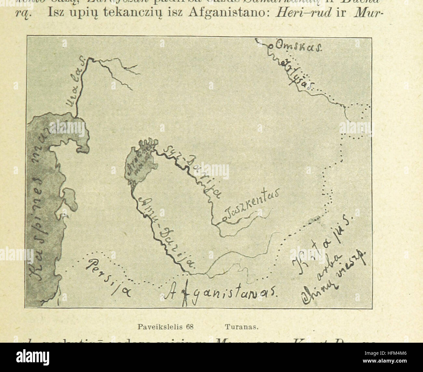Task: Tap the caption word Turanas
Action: coord(241,327)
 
